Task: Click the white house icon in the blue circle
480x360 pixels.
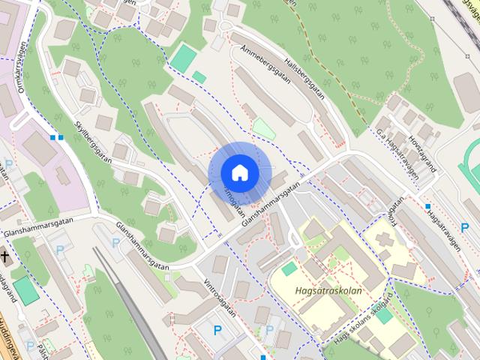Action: [x=239, y=173]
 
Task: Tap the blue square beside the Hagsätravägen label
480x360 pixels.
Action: [x=427, y=205]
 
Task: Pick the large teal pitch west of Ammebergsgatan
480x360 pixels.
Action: [x=183, y=56]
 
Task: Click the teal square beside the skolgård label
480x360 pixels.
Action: [x=383, y=315]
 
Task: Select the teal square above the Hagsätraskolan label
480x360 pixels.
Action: [x=289, y=268]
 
